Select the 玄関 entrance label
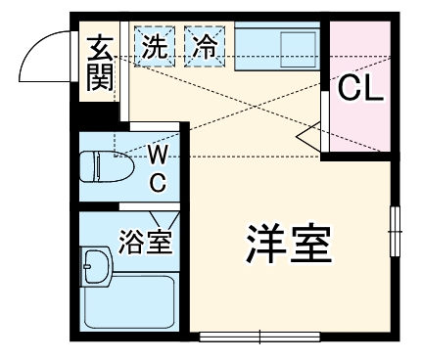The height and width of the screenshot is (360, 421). click(x=100, y=63)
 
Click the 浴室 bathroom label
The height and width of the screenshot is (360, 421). click(x=147, y=241)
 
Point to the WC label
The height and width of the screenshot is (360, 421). click(x=157, y=168)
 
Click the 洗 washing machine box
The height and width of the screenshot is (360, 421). click(x=154, y=46)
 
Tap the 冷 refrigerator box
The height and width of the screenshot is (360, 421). click(x=205, y=46)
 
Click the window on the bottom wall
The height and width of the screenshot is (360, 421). click(x=259, y=338)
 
